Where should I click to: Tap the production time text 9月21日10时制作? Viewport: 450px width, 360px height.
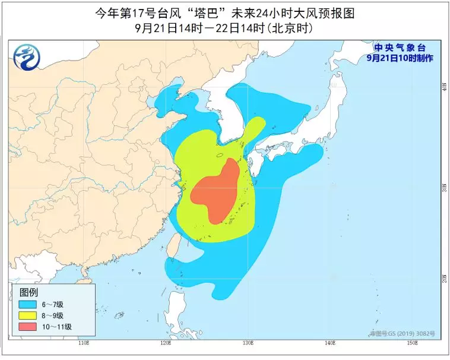(400, 58)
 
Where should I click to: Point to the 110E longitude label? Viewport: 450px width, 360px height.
(83, 343)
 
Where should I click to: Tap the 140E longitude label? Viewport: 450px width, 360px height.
(330, 343)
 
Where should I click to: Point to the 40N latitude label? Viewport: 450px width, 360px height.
(443, 87)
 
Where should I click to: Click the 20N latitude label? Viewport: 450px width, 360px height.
(443, 277)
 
